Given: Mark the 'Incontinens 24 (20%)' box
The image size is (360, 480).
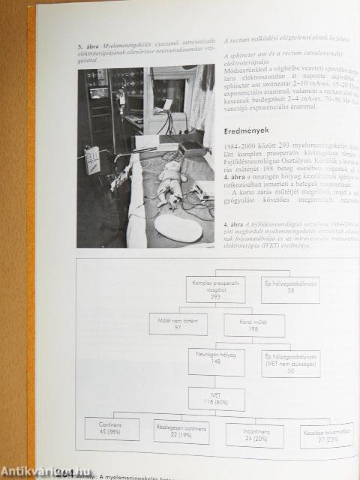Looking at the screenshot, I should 255,435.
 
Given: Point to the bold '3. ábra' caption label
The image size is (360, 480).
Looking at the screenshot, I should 88,47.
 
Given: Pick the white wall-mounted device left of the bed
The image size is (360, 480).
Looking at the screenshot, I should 92,158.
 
